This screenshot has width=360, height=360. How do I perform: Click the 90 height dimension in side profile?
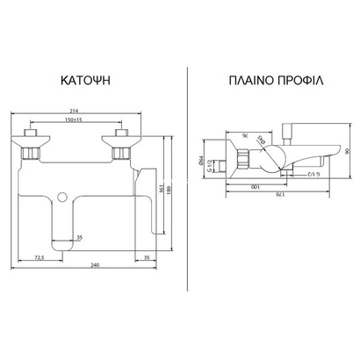click(x=349, y=151)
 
